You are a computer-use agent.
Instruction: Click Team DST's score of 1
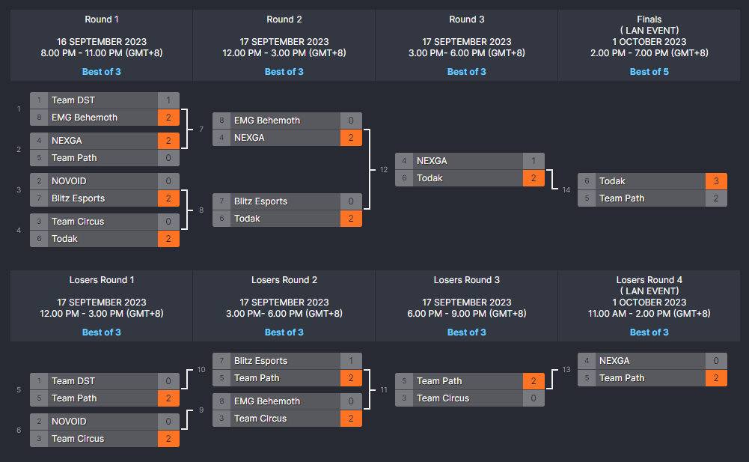(x=168, y=100)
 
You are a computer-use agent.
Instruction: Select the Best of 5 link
(x=649, y=72)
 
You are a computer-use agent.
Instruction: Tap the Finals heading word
(x=649, y=19)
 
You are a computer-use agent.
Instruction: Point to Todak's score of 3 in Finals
(x=716, y=181)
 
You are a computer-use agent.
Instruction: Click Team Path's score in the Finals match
(x=716, y=198)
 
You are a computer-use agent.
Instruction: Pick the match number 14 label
(x=566, y=189)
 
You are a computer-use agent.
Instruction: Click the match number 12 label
(x=383, y=170)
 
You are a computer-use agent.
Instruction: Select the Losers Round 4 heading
(x=649, y=280)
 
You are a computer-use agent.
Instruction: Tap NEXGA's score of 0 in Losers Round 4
(x=716, y=361)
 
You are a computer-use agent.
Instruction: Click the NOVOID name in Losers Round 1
(x=69, y=422)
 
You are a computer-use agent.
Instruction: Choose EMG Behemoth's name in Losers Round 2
(x=267, y=401)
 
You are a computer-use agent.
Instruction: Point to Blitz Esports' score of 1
(x=351, y=361)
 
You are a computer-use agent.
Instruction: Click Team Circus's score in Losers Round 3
(x=534, y=398)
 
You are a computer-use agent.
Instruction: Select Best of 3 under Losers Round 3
(x=467, y=332)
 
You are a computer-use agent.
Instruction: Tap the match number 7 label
(x=201, y=130)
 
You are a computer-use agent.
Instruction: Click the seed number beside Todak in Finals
(x=587, y=181)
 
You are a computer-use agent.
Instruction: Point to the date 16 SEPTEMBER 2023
(x=102, y=42)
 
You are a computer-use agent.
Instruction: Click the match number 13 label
(x=566, y=370)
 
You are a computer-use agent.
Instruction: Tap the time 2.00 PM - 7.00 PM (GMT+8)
(x=649, y=53)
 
